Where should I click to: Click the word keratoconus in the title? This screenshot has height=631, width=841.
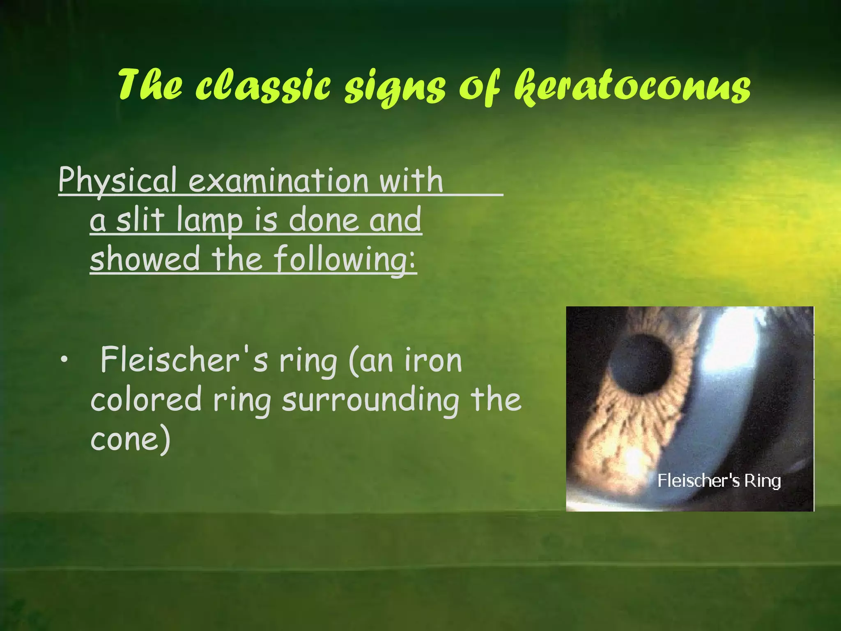coord(632,86)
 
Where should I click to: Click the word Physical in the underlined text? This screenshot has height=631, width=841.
coord(117,181)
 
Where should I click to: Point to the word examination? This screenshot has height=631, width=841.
coord(278,181)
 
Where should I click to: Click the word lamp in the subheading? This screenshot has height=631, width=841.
coord(209,221)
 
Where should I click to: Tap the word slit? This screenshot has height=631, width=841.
coord(140,219)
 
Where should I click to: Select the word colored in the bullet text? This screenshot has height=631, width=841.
coord(146,400)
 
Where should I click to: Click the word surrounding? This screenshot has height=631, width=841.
coord(370,401)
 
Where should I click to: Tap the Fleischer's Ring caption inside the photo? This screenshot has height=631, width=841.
coord(719,481)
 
